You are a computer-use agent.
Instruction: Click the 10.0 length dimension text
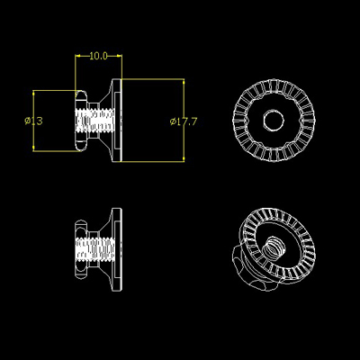98,56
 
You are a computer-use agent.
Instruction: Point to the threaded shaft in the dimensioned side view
99,120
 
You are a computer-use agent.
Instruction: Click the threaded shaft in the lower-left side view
99,247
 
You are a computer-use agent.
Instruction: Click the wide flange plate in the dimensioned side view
116,120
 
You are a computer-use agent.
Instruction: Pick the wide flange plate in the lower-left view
116,247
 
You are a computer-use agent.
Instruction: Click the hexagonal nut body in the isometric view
247,266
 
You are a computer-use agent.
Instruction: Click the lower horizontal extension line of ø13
54,149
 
